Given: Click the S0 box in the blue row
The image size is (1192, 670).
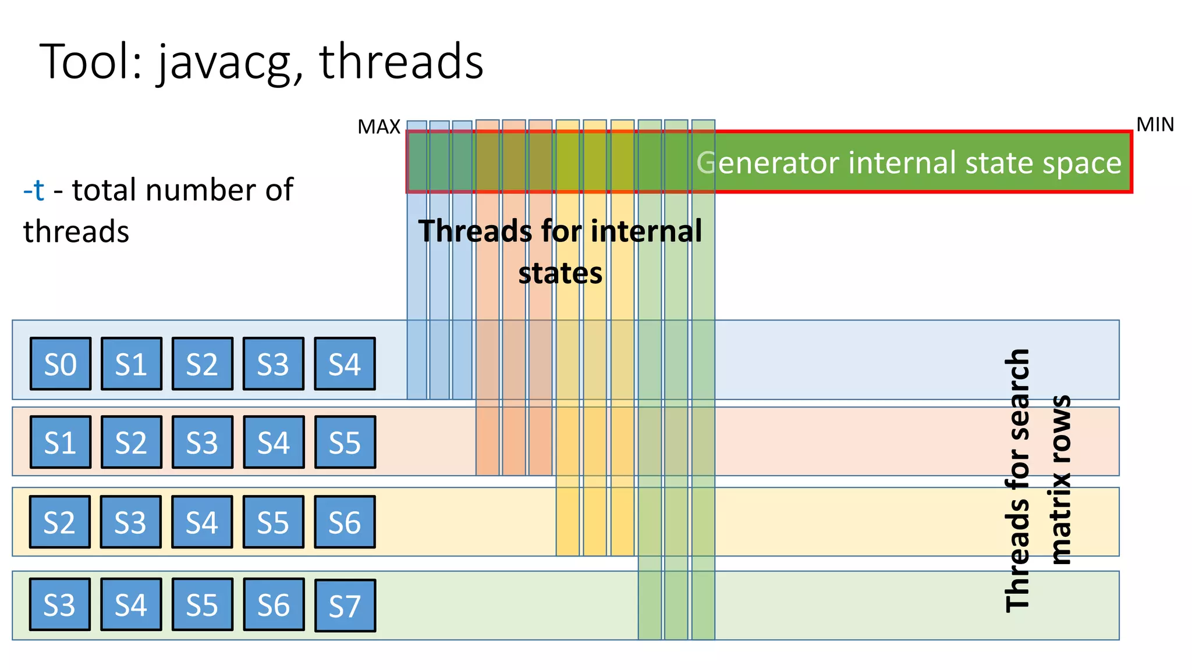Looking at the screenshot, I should pos(61,364).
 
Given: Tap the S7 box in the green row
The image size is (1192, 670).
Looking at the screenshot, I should pos(345,605).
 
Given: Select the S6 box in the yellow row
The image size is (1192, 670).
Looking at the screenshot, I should pos(345,522).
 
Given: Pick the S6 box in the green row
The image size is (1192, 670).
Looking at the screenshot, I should pos(274,605).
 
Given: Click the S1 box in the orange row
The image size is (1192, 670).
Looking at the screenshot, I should pos(61,442).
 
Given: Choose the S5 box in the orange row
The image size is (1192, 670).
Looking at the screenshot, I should pos(345,442).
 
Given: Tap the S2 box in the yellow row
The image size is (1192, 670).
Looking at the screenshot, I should pos(60,522).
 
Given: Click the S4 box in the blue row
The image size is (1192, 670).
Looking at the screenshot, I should pos(345,364).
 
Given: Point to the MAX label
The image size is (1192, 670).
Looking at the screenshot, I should pos(379,127).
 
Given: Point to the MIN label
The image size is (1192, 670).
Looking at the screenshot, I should pos(1155,124).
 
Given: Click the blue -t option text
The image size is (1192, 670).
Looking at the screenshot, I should pos(34,190).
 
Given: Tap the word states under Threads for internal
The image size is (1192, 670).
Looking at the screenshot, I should pos(560,273).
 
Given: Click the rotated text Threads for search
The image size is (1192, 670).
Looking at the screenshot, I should pos(1017,480).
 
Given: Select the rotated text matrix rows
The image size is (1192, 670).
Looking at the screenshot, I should pos(1062,480).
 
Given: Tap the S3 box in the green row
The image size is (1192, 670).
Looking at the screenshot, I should pos(60,605).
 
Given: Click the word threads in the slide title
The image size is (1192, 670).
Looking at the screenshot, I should pos(401,62).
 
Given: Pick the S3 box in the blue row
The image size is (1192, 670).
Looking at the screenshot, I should pos(274,364).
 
